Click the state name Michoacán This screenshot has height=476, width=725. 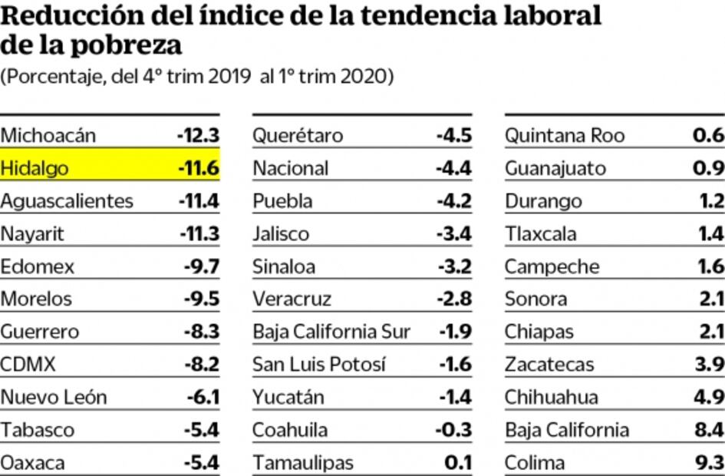point(48,136)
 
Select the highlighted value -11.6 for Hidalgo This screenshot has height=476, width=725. point(199,169)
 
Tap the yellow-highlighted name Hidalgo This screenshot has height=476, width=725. point(35,169)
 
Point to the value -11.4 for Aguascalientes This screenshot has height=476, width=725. point(199,201)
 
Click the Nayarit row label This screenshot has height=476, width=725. point(32,234)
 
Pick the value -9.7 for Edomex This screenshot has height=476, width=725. point(202,267)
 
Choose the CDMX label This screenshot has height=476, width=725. point(28,365)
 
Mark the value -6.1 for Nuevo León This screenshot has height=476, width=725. point(203,398)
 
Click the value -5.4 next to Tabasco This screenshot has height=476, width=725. point(202,430)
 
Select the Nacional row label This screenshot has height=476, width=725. point(291,169)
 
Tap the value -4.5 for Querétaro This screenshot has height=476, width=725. point(454,136)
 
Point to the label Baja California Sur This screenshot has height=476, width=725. point(331,332)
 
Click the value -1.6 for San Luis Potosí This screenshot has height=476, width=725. point(456,365)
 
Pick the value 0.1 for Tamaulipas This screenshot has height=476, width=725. point(459,463)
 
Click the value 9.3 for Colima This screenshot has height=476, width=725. point(708,463)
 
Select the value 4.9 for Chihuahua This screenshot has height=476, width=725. point(708,398)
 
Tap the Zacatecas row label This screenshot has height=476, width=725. point(549,365)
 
